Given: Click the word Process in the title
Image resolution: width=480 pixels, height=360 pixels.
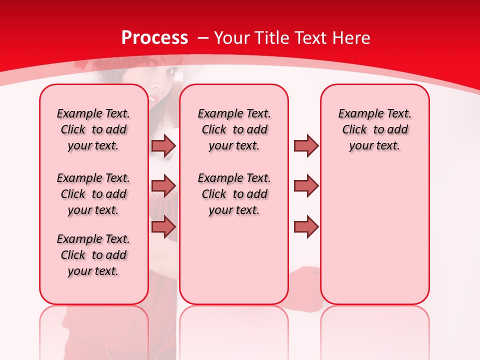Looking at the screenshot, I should click(x=154, y=38).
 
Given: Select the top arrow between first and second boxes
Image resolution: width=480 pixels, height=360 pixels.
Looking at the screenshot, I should click(x=163, y=145).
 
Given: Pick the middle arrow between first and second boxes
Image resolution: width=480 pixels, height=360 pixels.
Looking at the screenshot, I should click(x=163, y=185).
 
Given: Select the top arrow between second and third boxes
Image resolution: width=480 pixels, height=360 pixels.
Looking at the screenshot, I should click(x=306, y=145).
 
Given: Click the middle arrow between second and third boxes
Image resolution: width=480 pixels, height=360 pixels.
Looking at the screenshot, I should click(x=306, y=185).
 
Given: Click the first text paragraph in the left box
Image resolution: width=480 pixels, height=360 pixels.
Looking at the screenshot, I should click(x=93, y=129).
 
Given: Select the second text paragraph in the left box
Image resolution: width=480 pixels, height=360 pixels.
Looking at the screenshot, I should click(x=93, y=194).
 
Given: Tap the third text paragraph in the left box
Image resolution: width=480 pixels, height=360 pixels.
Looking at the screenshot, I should click(x=93, y=255).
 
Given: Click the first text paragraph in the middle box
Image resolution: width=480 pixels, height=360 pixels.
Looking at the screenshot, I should click(x=234, y=129).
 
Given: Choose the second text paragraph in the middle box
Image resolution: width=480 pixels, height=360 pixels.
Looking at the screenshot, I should click(x=234, y=194).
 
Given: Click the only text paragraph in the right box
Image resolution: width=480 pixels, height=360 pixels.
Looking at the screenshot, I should click(x=374, y=129).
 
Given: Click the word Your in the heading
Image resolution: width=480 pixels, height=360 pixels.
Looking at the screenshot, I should click(x=231, y=38).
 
